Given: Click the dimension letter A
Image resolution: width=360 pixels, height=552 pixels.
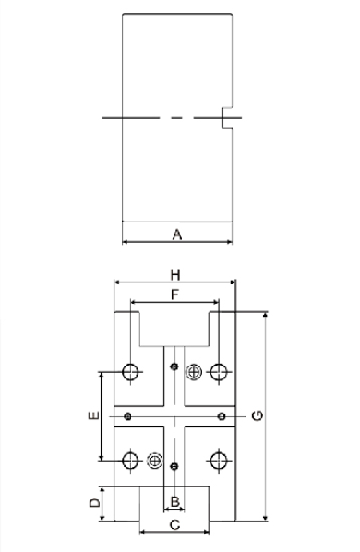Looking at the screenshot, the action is coord(177,234).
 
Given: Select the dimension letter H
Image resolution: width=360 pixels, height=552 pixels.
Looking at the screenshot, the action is coord(175,274).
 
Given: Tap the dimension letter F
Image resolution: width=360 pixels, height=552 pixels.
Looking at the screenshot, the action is coord(174,294).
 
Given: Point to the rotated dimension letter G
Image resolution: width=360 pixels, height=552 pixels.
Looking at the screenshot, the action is coord(258,415).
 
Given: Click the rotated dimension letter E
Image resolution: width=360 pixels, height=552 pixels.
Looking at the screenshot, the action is coord(93,415).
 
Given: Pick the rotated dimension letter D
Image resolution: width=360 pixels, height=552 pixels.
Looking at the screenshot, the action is coord(94,502).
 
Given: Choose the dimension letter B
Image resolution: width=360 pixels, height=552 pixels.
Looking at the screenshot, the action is coord(174,501).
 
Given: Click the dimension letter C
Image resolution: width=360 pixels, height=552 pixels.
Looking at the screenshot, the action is coord(174,525).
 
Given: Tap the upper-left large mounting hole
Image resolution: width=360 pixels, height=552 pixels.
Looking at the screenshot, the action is coord(130,372).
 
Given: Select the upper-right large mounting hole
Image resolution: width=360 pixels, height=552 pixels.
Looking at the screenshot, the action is coord(219,372).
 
